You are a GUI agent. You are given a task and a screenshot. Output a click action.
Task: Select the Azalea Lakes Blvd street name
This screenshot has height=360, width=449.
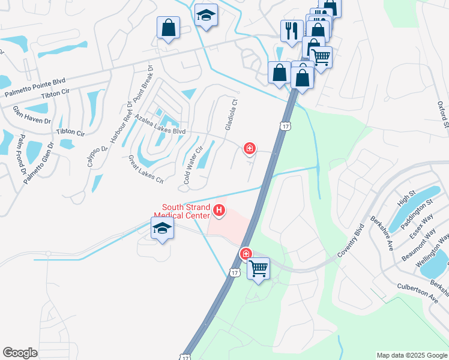[x=160, y=124]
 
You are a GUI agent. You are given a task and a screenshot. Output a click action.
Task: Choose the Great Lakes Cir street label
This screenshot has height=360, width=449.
[x=146, y=169]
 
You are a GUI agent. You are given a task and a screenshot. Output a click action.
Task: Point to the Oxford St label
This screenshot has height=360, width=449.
[x=443, y=115]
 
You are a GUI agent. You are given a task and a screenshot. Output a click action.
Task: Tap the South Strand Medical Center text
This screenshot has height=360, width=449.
[x=182, y=211]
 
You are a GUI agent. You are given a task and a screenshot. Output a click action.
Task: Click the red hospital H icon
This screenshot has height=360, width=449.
[x=220, y=211]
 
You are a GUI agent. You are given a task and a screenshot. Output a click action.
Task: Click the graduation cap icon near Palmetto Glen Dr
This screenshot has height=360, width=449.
[x=162, y=229]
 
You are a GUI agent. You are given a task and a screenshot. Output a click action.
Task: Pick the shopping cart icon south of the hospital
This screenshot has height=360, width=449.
[x=259, y=268]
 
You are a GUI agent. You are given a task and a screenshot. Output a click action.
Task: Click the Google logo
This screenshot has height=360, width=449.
[x=20, y=353]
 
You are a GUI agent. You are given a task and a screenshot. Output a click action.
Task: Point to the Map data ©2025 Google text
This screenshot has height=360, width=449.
[x=411, y=355]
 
